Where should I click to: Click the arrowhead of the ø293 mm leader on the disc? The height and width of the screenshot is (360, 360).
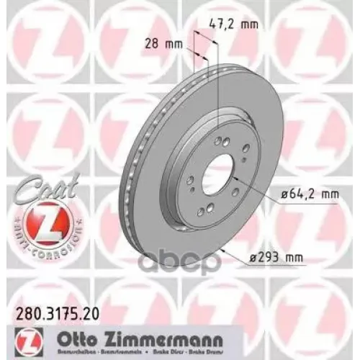(x=225, y=246)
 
